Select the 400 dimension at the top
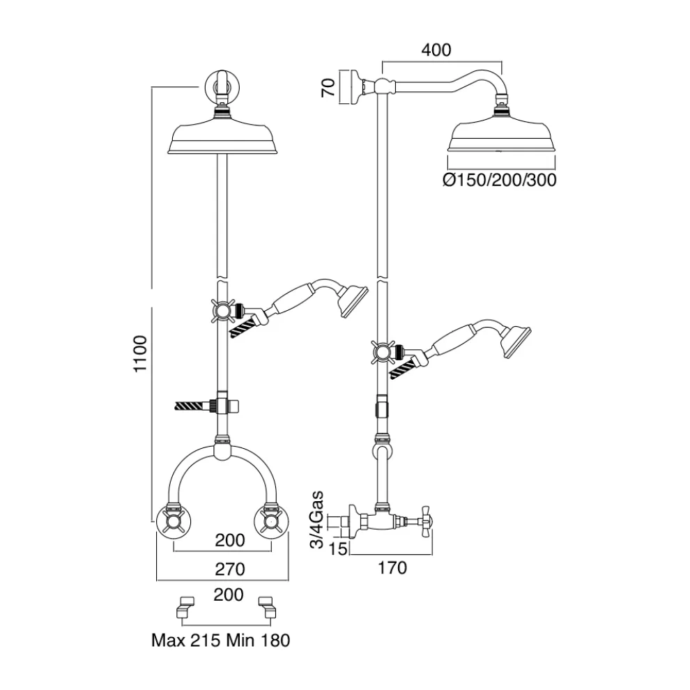(436, 50)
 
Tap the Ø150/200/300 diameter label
(500, 181)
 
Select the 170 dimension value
(392, 567)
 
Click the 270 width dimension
(230, 569)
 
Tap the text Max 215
(184, 640)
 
